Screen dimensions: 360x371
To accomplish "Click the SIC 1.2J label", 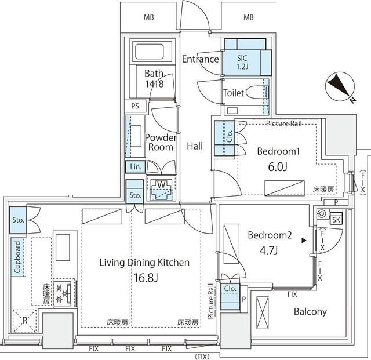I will [x=242, y=62].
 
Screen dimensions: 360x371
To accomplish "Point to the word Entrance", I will [x=200, y=59].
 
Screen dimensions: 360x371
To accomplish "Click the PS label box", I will [x=135, y=106].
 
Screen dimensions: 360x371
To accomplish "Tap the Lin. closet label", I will [x=135, y=167].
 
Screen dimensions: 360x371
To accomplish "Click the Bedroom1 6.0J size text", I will [x=277, y=166].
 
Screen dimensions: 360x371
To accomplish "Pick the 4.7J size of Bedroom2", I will [x=268, y=250].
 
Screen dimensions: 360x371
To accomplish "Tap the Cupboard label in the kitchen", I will [x=18, y=257].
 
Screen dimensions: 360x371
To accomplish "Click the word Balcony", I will [x=310, y=312].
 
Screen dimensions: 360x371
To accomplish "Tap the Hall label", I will [x=195, y=147].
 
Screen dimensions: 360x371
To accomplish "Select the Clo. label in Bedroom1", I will [x=230, y=137].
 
